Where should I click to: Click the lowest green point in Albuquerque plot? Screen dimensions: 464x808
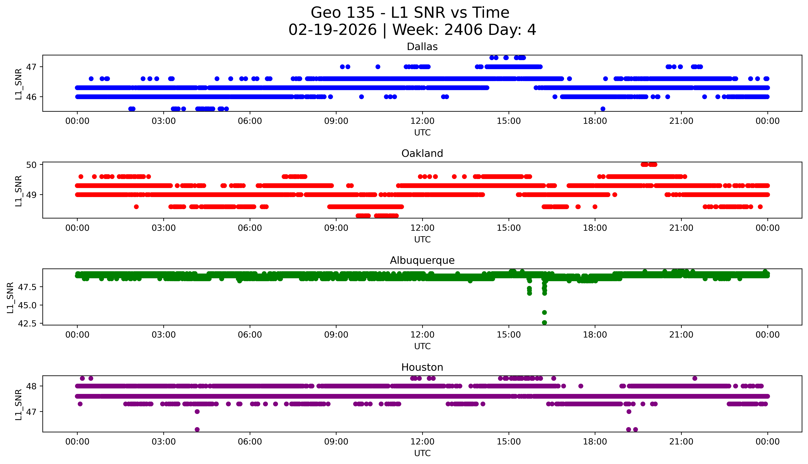544,322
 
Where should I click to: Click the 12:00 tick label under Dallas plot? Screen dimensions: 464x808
422,121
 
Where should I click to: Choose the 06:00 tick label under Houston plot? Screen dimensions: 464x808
250,442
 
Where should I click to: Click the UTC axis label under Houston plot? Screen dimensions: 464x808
422,453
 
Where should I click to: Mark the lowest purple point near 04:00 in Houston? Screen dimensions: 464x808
197,429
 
